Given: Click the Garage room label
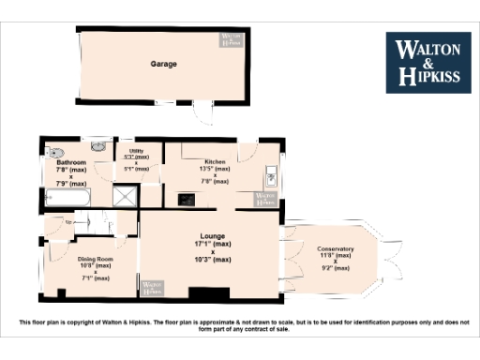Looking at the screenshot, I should (164, 64).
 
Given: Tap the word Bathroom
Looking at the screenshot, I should (71, 162).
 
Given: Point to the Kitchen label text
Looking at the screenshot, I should (216, 161).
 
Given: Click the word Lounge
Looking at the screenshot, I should (213, 236).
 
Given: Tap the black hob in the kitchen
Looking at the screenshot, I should (186, 198).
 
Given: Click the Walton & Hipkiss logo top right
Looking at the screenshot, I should (428, 63).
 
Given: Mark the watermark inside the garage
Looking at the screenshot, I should (231, 40).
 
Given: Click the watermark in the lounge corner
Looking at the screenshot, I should (150, 288).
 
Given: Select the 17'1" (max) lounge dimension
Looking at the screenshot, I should (213, 244).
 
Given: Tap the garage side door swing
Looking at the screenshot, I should (202, 112).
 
